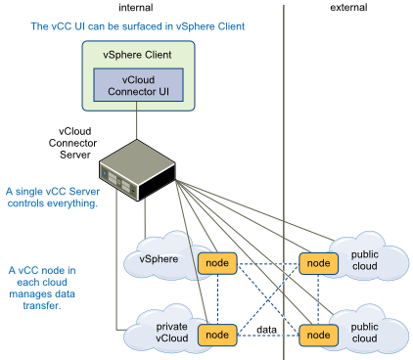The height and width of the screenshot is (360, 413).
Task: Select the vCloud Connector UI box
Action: point(137,84)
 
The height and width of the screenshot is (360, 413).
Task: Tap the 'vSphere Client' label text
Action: point(137,56)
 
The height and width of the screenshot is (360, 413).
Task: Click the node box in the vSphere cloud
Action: point(217,263)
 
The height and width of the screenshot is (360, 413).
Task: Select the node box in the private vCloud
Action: point(217,335)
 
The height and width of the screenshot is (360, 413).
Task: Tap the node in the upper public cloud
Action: point(315,263)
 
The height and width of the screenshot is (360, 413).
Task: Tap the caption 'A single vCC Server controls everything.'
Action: point(51,198)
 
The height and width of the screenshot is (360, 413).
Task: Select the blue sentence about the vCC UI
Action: point(137,24)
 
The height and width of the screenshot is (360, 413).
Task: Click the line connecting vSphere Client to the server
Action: point(137,122)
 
